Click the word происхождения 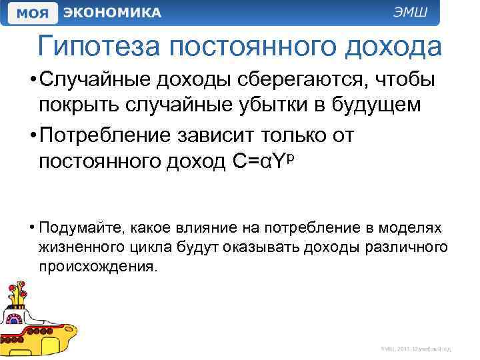click(99, 267)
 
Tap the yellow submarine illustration click(37, 320)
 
